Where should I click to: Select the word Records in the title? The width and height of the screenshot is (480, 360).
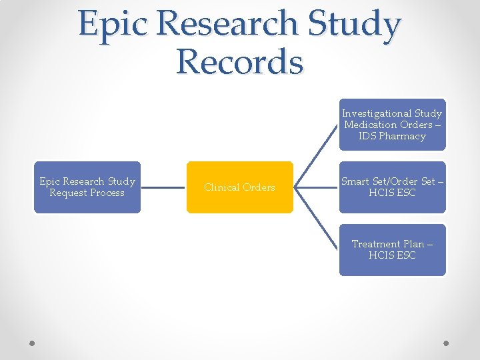pyautogui.click(x=239, y=61)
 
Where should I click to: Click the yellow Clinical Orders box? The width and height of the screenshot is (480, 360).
pyautogui.click(x=239, y=187)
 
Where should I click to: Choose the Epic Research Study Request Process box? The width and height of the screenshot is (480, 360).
pyautogui.click(x=87, y=187)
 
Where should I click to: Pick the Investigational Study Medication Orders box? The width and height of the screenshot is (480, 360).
pyautogui.click(x=392, y=125)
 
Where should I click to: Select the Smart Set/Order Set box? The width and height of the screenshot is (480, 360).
pyautogui.click(x=392, y=187)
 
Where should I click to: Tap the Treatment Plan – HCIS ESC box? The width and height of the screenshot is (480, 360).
pyautogui.click(x=392, y=250)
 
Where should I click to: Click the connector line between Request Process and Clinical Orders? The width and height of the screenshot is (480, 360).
pyautogui.click(x=163, y=187)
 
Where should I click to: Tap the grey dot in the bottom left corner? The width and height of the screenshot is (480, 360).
pyautogui.click(x=32, y=343)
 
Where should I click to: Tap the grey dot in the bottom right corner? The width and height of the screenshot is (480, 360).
pyautogui.click(x=447, y=343)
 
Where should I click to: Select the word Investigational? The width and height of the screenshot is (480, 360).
pyautogui.click(x=377, y=113)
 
